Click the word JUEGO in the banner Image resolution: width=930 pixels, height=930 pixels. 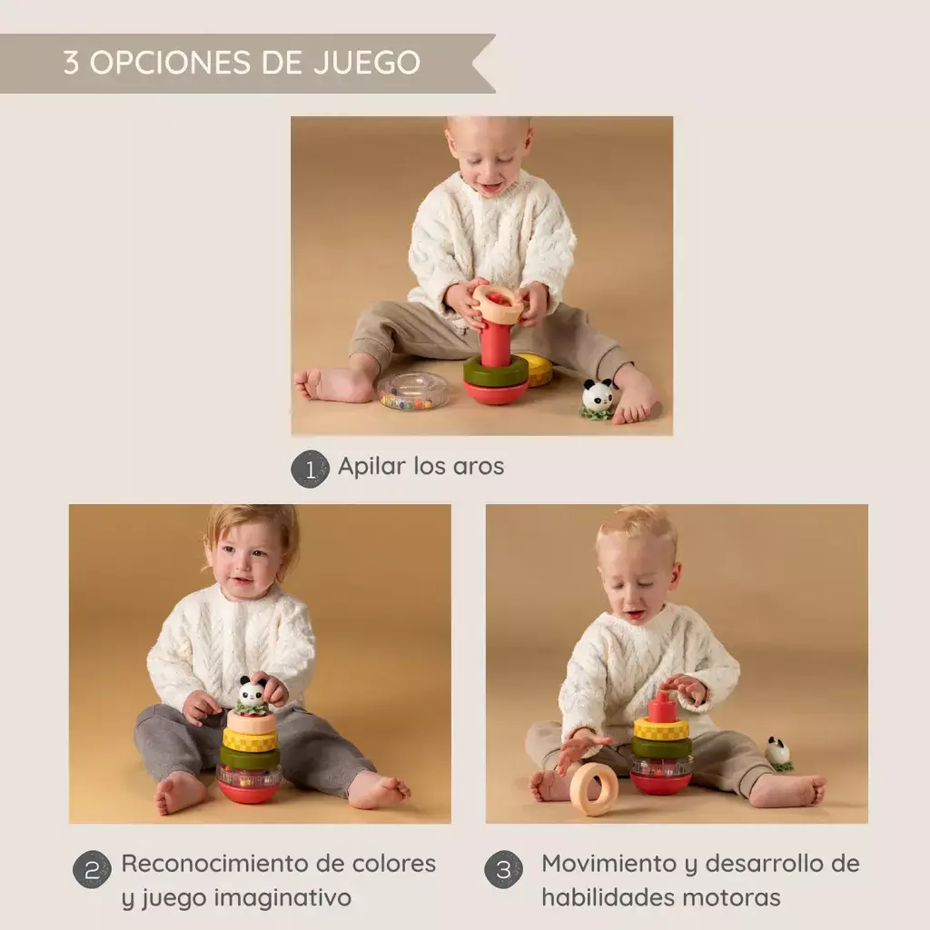(x=367, y=63)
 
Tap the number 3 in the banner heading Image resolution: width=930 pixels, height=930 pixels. (x=71, y=63)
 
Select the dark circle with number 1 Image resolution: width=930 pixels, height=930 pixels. (x=310, y=470)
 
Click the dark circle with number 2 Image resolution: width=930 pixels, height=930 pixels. (x=92, y=869)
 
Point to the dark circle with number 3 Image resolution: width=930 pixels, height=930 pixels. (x=503, y=869)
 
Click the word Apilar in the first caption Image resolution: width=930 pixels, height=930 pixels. (x=371, y=467)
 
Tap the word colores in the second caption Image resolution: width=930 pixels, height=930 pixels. (x=394, y=864)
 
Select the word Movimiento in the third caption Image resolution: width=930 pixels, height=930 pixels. (x=609, y=864)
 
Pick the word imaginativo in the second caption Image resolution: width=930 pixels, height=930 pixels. (x=282, y=898)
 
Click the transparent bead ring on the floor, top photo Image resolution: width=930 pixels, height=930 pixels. (x=413, y=391)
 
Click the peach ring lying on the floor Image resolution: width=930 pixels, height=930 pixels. (x=594, y=789)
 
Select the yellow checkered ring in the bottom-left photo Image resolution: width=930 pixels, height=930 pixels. (x=250, y=739)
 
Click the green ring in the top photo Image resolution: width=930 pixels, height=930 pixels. (x=495, y=371)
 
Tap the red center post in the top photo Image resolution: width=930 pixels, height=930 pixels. (x=495, y=341)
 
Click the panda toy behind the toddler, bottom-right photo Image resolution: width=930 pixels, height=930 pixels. (x=778, y=754)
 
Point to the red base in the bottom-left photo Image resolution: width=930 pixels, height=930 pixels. (x=248, y=791)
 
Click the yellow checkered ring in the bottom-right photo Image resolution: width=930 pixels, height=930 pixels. (x=661, y=729)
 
